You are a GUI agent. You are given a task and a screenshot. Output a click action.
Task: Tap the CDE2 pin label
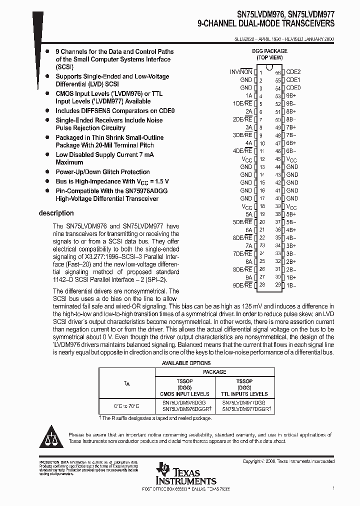tap(293, 72)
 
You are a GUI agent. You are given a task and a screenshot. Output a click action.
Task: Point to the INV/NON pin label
tap(240, 72)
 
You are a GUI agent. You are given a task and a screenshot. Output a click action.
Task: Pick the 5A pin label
tap(248, 214)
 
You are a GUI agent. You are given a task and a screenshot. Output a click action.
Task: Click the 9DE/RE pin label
tap(242, 285)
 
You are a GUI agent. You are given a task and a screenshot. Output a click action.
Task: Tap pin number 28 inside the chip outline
tap(261, 285)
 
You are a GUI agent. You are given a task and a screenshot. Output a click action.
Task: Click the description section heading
tap(56, 213)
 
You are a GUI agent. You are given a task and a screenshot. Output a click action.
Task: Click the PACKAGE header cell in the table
tap(214, 372)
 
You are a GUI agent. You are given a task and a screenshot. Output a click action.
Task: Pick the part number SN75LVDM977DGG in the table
tap(243, 402)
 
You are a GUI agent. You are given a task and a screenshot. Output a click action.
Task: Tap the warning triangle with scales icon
tap(52, 437)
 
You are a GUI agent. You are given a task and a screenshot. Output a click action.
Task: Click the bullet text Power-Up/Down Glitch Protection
tap(102, 172)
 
